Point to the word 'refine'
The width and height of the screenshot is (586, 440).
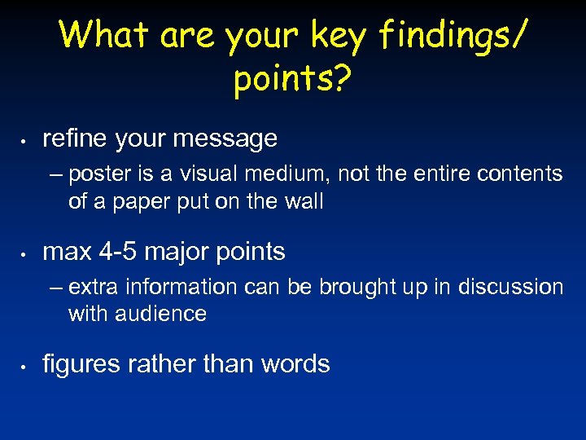tap(76, 139)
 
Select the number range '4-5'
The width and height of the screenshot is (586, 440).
tap(116, 252)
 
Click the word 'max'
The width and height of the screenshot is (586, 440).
tap(64, 252)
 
